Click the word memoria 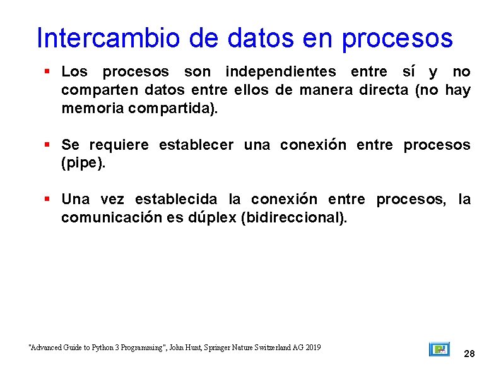(x=92, y=108)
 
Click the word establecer (x=196, y=145)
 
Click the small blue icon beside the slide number (x=439, y=349)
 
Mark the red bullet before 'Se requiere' (x=47, y=145)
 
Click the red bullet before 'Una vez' (x=47, y=199)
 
